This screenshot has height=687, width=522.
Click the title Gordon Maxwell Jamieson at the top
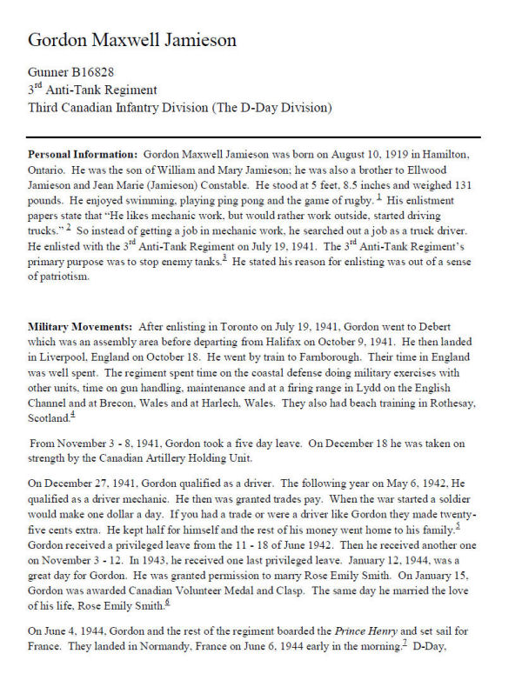coord(132,40)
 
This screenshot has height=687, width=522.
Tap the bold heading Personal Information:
coord(83,153)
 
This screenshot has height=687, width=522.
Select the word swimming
coord(148,201)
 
